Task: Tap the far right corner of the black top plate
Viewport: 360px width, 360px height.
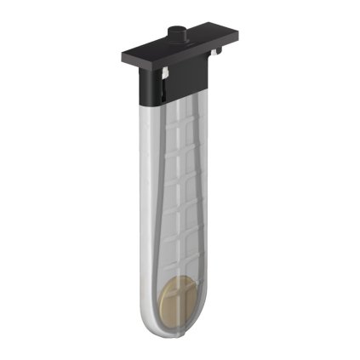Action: [237, 32]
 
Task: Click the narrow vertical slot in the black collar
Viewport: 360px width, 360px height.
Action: [160, 86]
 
